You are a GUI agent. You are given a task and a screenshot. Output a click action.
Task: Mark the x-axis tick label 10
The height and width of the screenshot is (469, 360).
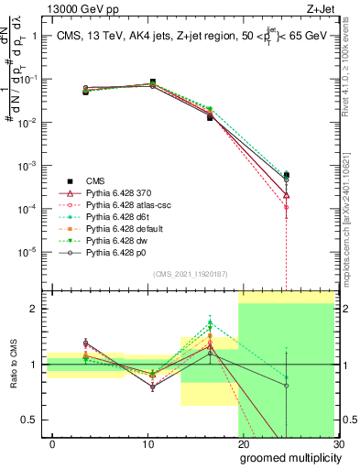click(147, 443)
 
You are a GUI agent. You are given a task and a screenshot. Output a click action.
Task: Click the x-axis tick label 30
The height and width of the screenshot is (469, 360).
click(338, 443)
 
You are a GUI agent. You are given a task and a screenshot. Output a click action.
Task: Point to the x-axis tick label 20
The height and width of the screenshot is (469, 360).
click(243, 443)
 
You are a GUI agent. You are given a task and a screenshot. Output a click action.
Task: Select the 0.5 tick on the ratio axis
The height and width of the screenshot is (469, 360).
click(33, 420)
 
